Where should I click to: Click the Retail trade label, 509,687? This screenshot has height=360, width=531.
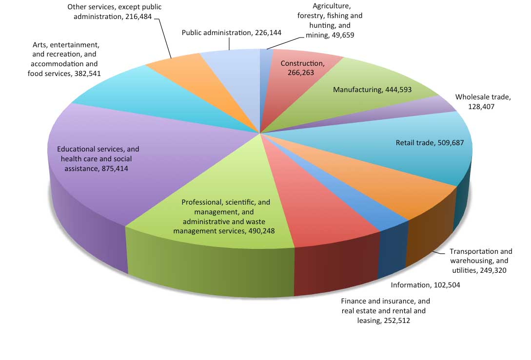tap(429, 143)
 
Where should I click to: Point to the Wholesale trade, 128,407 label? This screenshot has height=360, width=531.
tap(483, 101)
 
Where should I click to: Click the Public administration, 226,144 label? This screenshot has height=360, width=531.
tap(232, 33)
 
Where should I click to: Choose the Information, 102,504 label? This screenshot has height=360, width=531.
tap(426, 285)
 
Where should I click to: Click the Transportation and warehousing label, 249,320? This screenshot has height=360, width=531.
tap(481, 261)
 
